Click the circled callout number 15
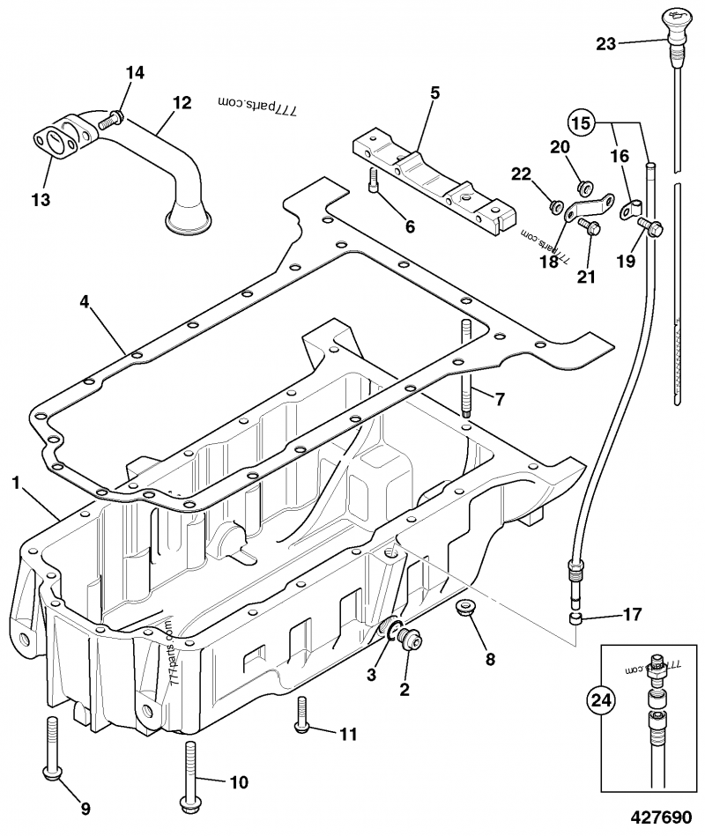tap(580, 121)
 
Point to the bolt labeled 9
tap(52, 749)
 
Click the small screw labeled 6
tap(375, 181)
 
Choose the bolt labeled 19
tap(652, 226)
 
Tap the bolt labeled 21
tap(589, 227)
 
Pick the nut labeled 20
tap(582, 186)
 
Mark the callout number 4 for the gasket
tap(84, 301)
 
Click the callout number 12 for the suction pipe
tap(181, 103)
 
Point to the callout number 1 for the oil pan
tap(16, 482)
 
